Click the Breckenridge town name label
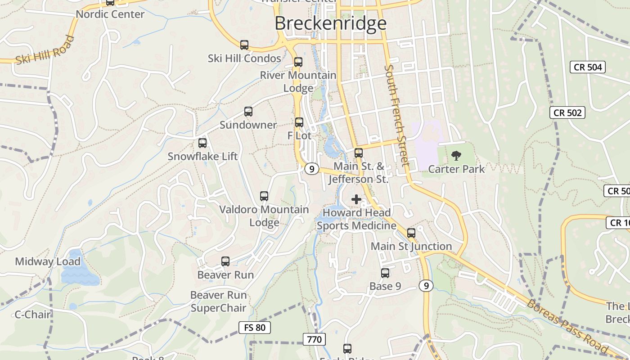(x=330, y=23)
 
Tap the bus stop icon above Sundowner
(x=248, y=112)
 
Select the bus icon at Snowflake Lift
(x=202, y=143)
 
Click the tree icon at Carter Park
(x=456, y=156)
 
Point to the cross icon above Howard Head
(x=356, y=199)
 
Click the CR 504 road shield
(x=588, y=67)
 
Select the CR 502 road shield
(x=567, y=112)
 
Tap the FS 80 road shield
(x=255, y=327)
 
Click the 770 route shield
(x=314, y=339)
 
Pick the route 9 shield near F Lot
(x=311, y=169)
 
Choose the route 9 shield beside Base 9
(x=426, y=285)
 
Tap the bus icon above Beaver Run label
(x=225, y=261)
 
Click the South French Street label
(x=396, y=115)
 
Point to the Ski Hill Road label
(x=45, y=50)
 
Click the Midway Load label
(x=48, y=261)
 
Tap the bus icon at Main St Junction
(x=411, y=233)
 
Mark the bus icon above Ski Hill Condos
(x=244, y=45)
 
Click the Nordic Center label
(x=110, y=14)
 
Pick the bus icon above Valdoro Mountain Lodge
(x=264, y=196)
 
